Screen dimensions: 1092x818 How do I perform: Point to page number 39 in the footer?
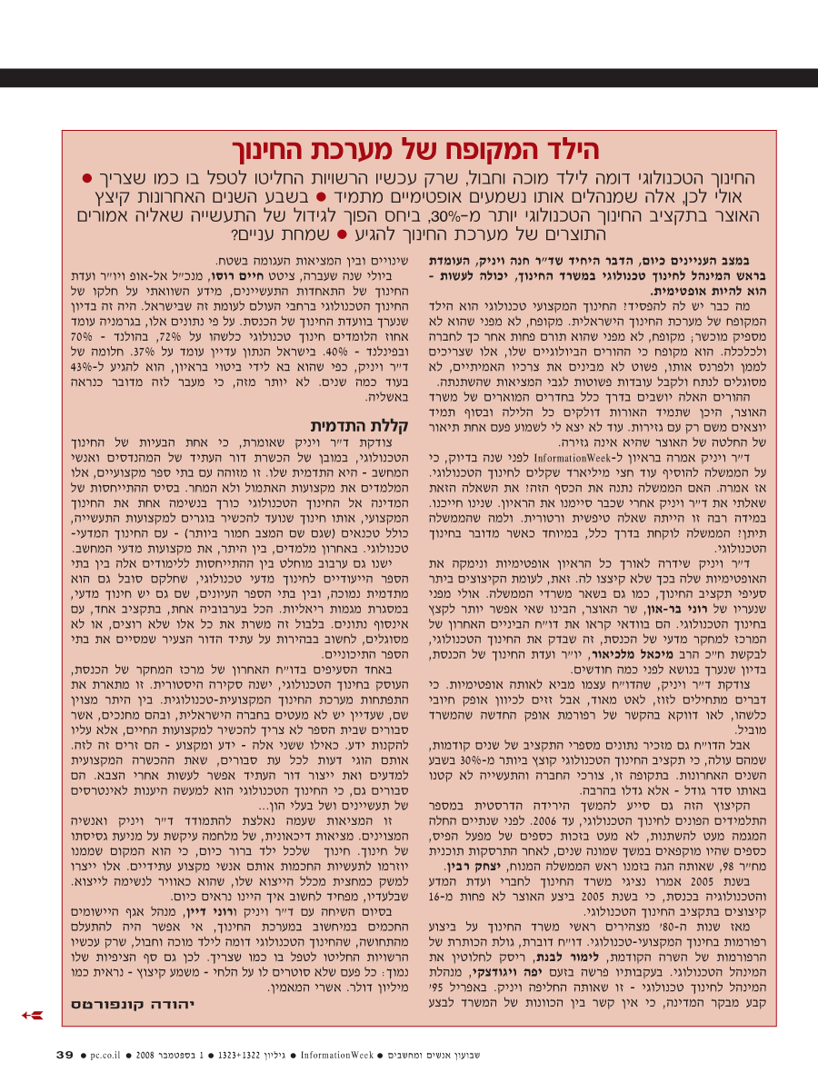pos(65,1056)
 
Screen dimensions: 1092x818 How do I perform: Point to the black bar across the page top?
pos(409,78)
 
